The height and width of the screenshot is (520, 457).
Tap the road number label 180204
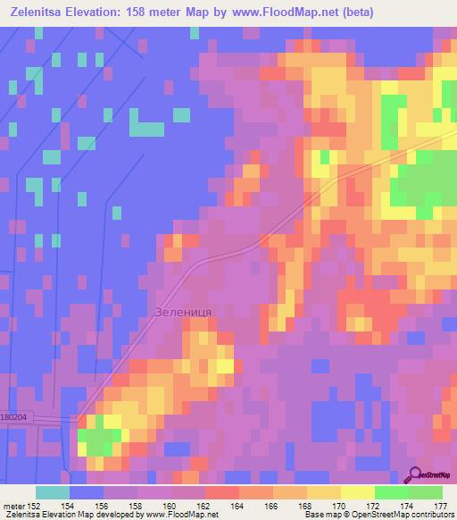[x=15, y=416]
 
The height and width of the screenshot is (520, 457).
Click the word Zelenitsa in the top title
[x=42, y=13]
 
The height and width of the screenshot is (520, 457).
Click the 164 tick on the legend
[x=238, y=507]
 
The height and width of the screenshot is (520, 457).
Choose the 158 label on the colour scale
[x=137, y=507]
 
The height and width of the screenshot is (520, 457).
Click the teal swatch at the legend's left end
[x=52, y=492]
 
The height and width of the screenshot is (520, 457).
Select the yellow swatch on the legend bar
[x=357, y=492]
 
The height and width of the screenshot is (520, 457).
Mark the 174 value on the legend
[x=408, y=507]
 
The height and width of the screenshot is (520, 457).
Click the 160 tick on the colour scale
[x=170, y=507]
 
